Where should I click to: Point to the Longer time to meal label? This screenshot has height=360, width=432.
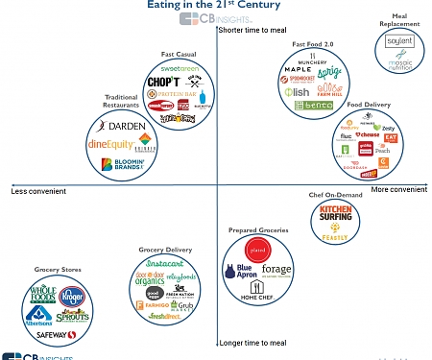tap(254, 342)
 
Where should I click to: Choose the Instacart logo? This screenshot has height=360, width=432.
tap(166, 262)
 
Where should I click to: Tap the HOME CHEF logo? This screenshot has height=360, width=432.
tap(255, 299)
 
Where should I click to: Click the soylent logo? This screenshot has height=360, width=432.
tap(397, 42)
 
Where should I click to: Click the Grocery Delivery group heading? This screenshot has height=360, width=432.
tap(166, 250)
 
